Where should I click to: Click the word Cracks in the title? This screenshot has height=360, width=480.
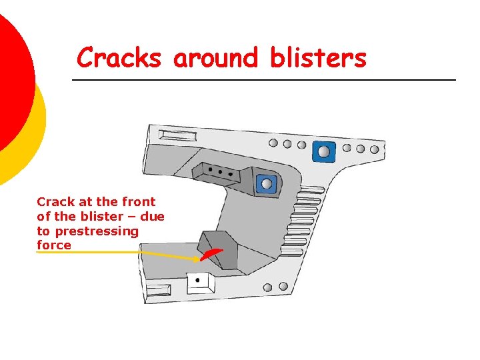point(119,58)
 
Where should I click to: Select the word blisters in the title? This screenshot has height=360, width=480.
point(318,58)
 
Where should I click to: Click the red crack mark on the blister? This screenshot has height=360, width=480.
point(213,255)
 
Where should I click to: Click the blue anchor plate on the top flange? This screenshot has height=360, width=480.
point(324,151)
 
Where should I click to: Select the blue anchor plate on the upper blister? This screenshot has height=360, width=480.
point(267,183)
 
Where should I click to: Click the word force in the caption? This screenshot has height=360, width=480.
point(54,245)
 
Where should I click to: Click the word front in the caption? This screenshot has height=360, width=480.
point(139,201)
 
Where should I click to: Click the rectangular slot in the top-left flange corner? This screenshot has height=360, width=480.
point(177,137)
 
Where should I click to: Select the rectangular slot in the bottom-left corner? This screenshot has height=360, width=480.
point(159,289)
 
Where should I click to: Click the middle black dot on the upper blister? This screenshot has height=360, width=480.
point(221,171)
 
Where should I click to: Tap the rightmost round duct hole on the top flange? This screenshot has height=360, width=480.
point(375,150)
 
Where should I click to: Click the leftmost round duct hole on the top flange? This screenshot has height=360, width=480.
point(273,143)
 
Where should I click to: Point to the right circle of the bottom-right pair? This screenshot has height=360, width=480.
point(283,287)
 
